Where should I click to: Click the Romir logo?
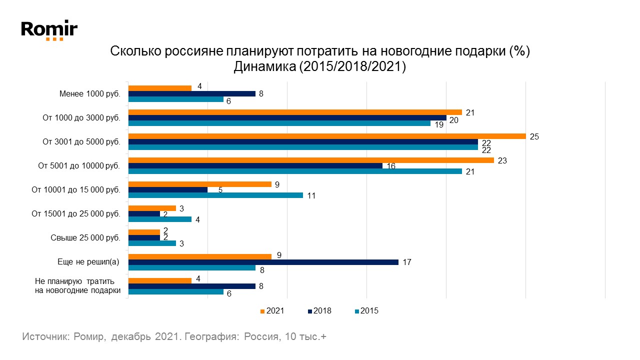pyautogui.click(x=49, y=30)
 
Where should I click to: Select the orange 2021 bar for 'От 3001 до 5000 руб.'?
pyautogui.click(x=327, y=136)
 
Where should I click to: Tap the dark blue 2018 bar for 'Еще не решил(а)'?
pyautogui.click(x=263, y=262)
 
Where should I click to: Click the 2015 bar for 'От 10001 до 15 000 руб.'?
pyautogui.click(x=215, y=195)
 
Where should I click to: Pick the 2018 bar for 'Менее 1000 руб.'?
pyautogui.click(x=192, y=93)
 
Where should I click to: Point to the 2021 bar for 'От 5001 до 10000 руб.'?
pyautogui.click(x=311, y=160)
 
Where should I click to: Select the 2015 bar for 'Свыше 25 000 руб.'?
pyautogui.click(x=152, y=243)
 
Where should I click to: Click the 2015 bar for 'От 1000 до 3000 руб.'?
pyautogui.click(x=279, y=123)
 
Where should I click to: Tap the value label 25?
pyautogui.click(x=534, y=136)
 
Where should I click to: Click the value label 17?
pyautogui.click(x=406, y=262)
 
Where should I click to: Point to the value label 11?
pyautogui.click(x=311, y=195)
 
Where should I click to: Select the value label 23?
pyautogui.click(x=502, y=160)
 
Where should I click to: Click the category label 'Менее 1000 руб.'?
pyautogui.click(x=89, y=93)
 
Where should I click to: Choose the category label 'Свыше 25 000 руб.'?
pyautogui.click(x=85, y=237)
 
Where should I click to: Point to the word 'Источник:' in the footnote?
pyautogui.click(x=45, y=337)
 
